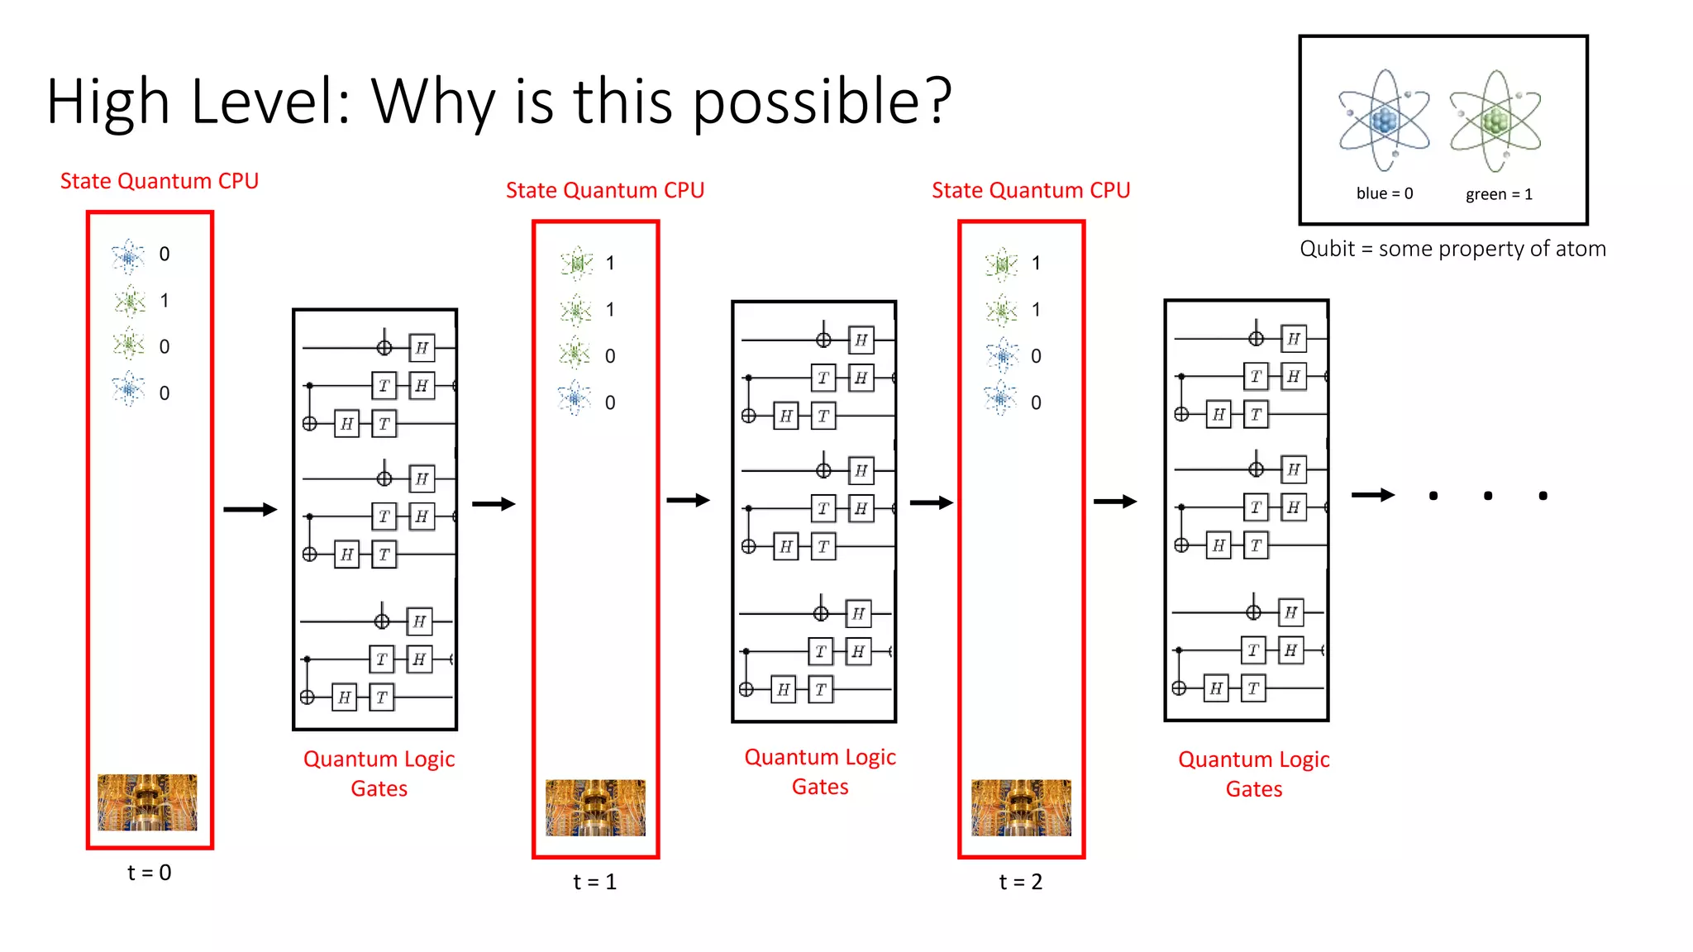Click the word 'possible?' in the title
tap(822, 102)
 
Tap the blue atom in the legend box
tap(1384, 121)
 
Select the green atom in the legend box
tap(1495, 121)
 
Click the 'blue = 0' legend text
tap(1385, 193)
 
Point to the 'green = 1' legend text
tap(1499, 194)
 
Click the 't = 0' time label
tap(150, 873)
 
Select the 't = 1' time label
tap(595, 882)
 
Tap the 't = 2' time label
tap(1021, 882)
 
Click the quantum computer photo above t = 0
tap(147, 802)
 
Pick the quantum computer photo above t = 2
tap(1021, 807)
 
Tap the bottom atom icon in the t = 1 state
tap(575, 399)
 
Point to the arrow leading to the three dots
tap(1372, 495)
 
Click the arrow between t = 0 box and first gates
tap(250, 509)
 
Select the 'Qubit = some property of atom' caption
tap(1452, 249)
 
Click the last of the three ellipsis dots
tap(1543, 496)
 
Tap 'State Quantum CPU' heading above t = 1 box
tap(604, 191)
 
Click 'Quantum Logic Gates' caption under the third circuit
tap(1253, 773)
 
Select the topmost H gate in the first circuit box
tap(422, 348)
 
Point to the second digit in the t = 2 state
tap(1036, 310)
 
